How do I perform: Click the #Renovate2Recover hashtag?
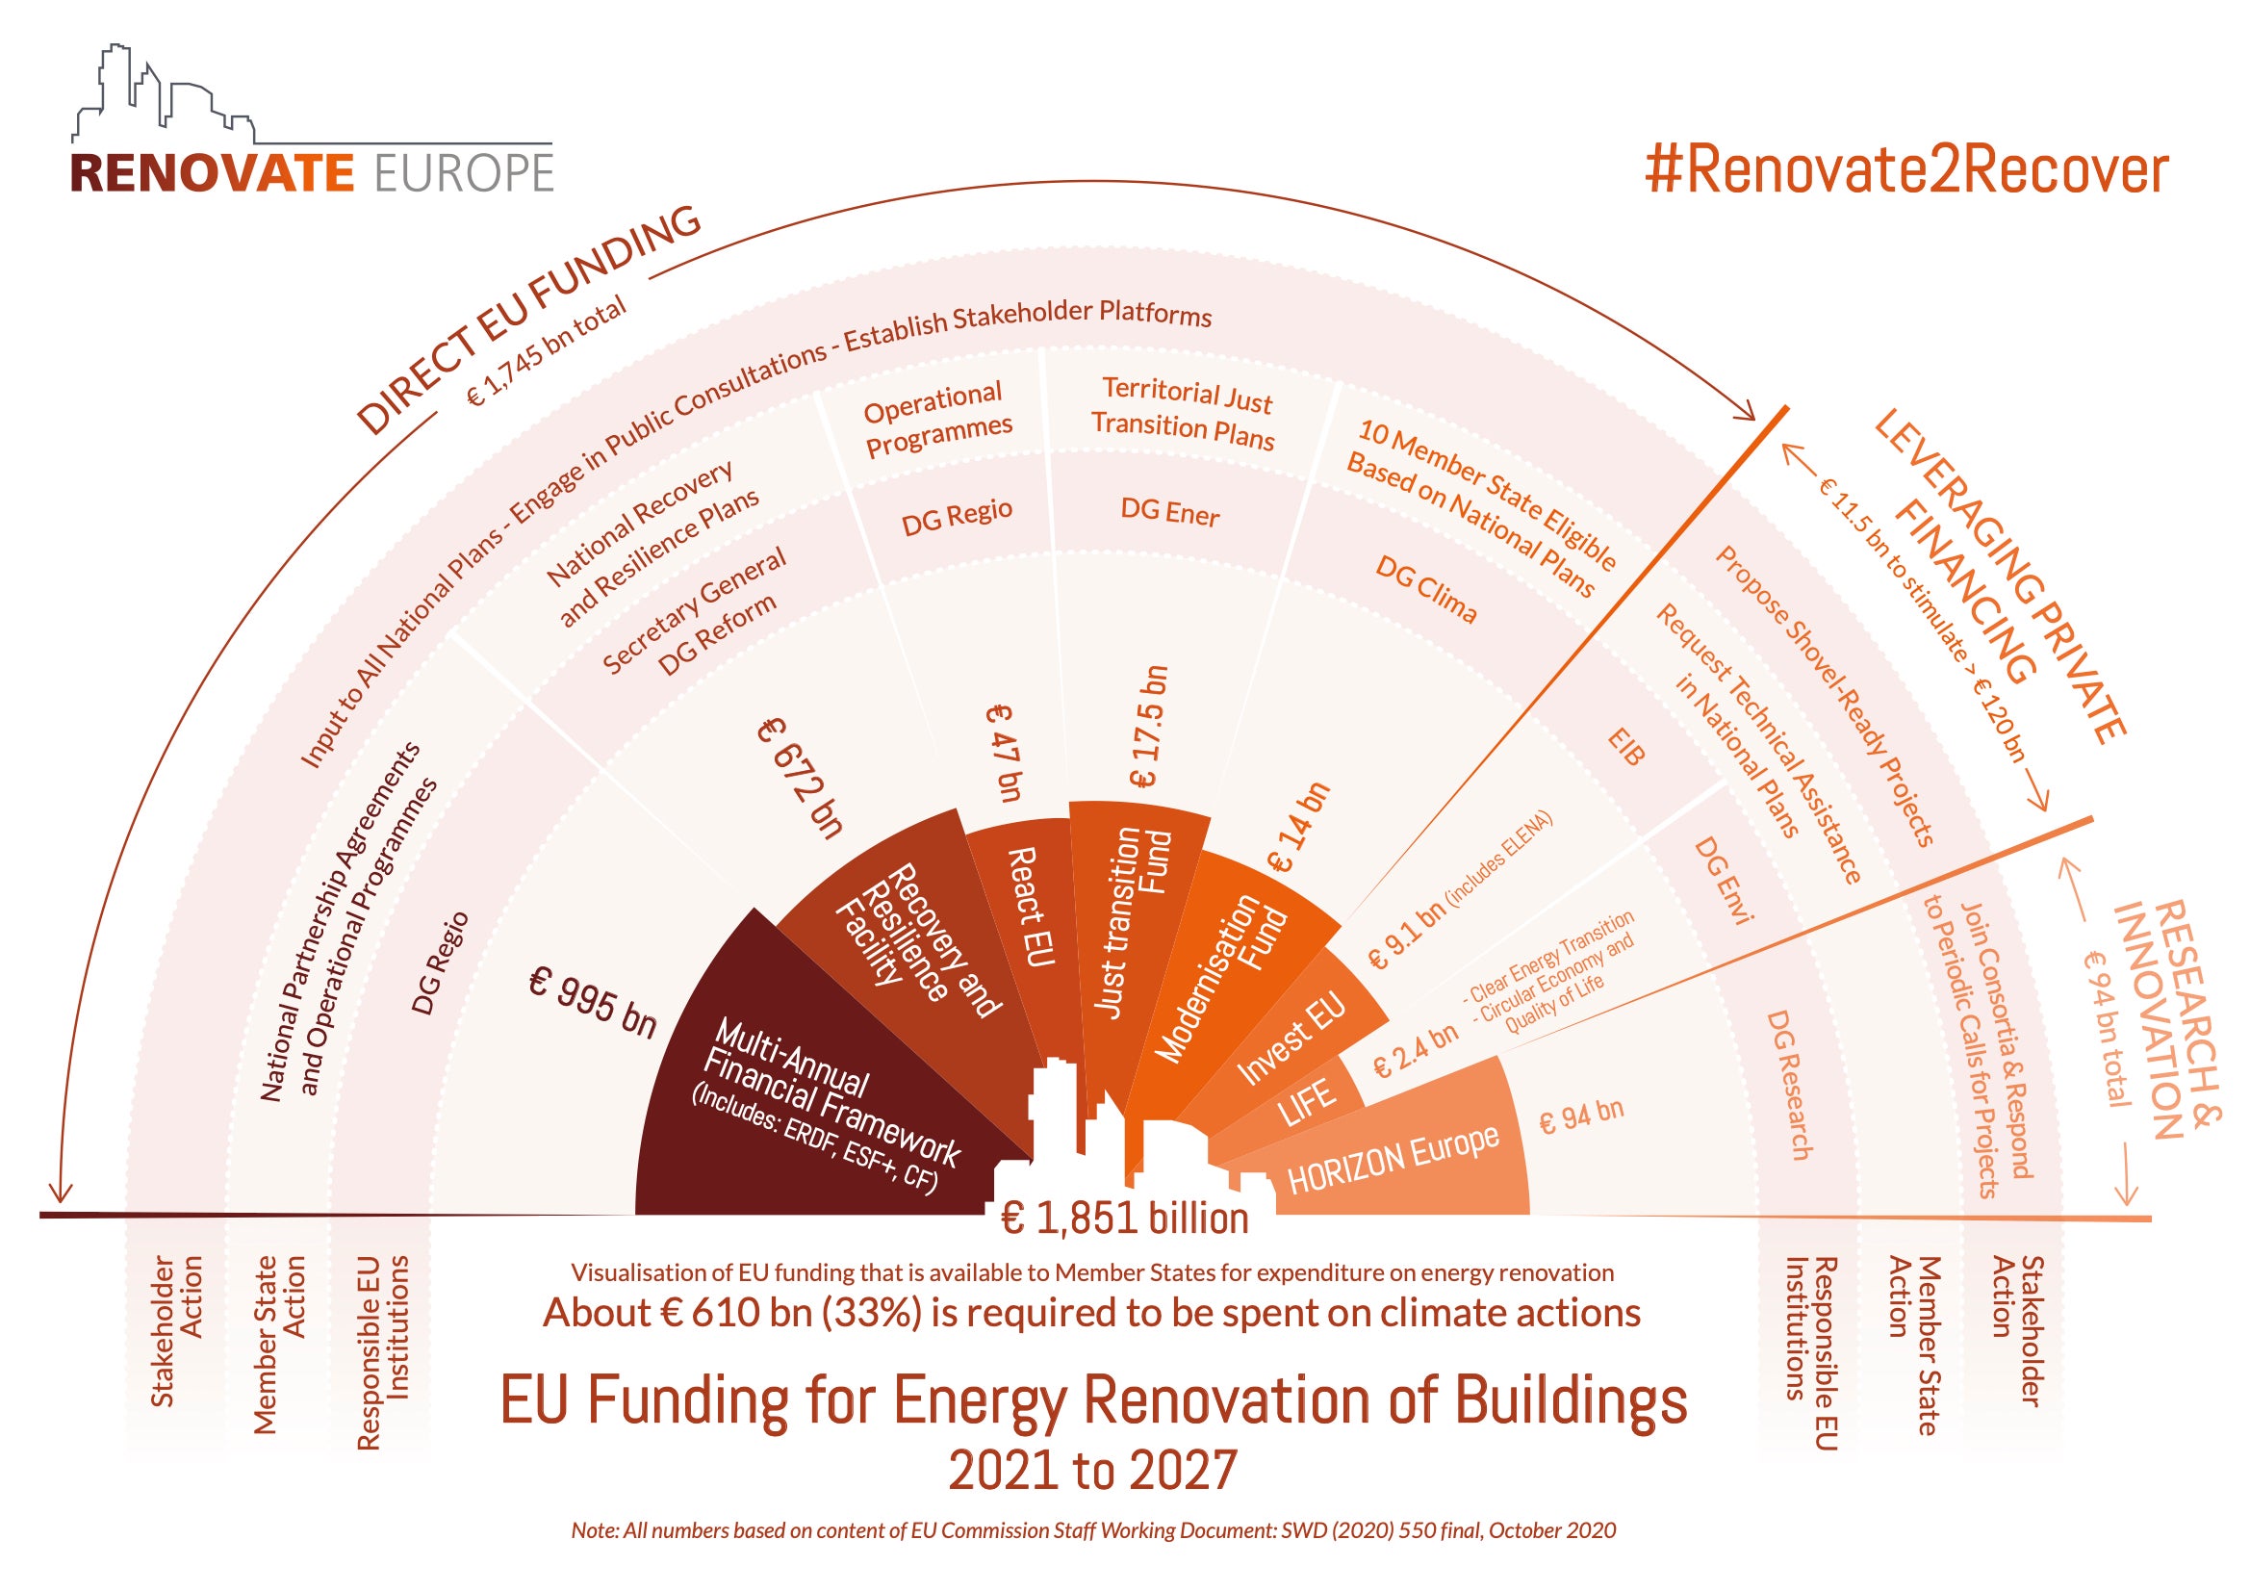click(1907, 170)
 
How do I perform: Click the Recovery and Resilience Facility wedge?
click(911, 941)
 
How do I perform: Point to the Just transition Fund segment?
click(1132, 921)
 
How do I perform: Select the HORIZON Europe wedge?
click(1392, 1157)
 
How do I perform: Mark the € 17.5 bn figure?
click(1148, 727)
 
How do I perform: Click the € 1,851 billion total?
click(1124, 1219)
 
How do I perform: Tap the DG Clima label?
click(1426, 588)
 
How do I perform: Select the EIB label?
click(1625, 746)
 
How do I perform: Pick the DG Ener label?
click(1170, 512)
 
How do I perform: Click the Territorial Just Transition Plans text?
click(1184, 413)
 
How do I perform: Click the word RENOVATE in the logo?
click(212, 173)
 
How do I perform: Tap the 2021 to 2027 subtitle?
click(1092, 1471)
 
